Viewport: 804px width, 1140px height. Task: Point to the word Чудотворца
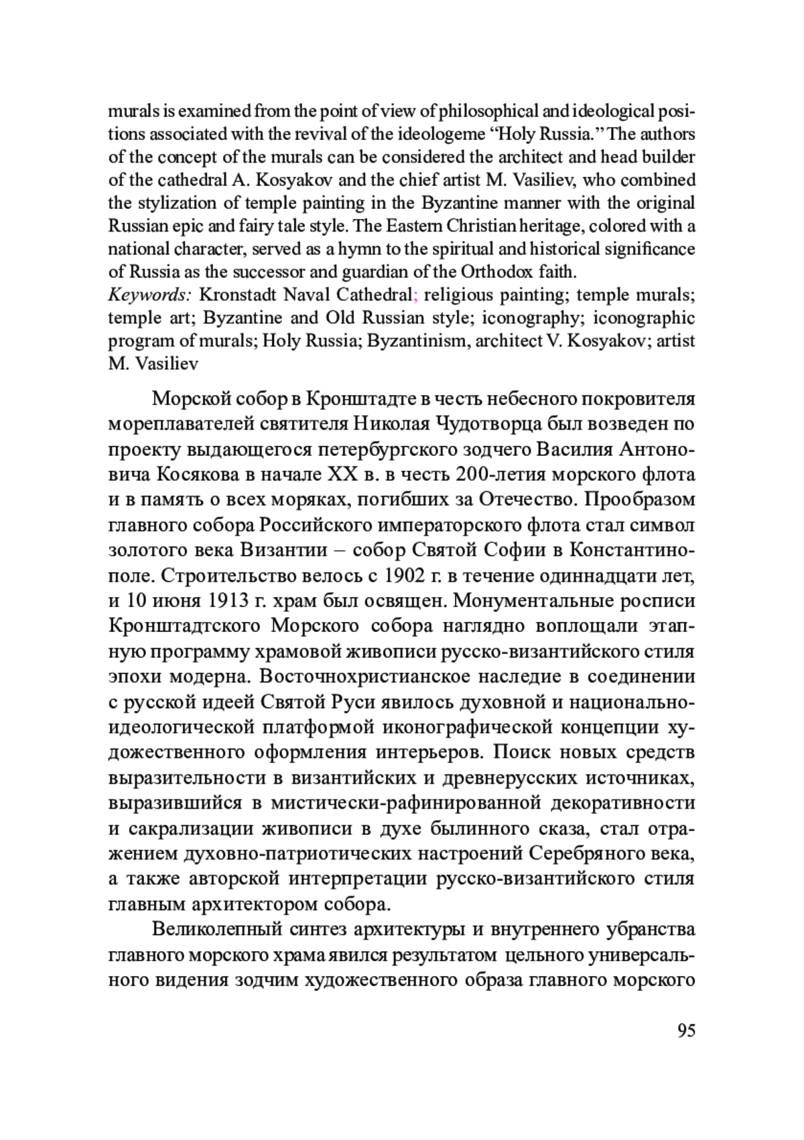487,424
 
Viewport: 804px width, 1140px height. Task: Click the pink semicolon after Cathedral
415,295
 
